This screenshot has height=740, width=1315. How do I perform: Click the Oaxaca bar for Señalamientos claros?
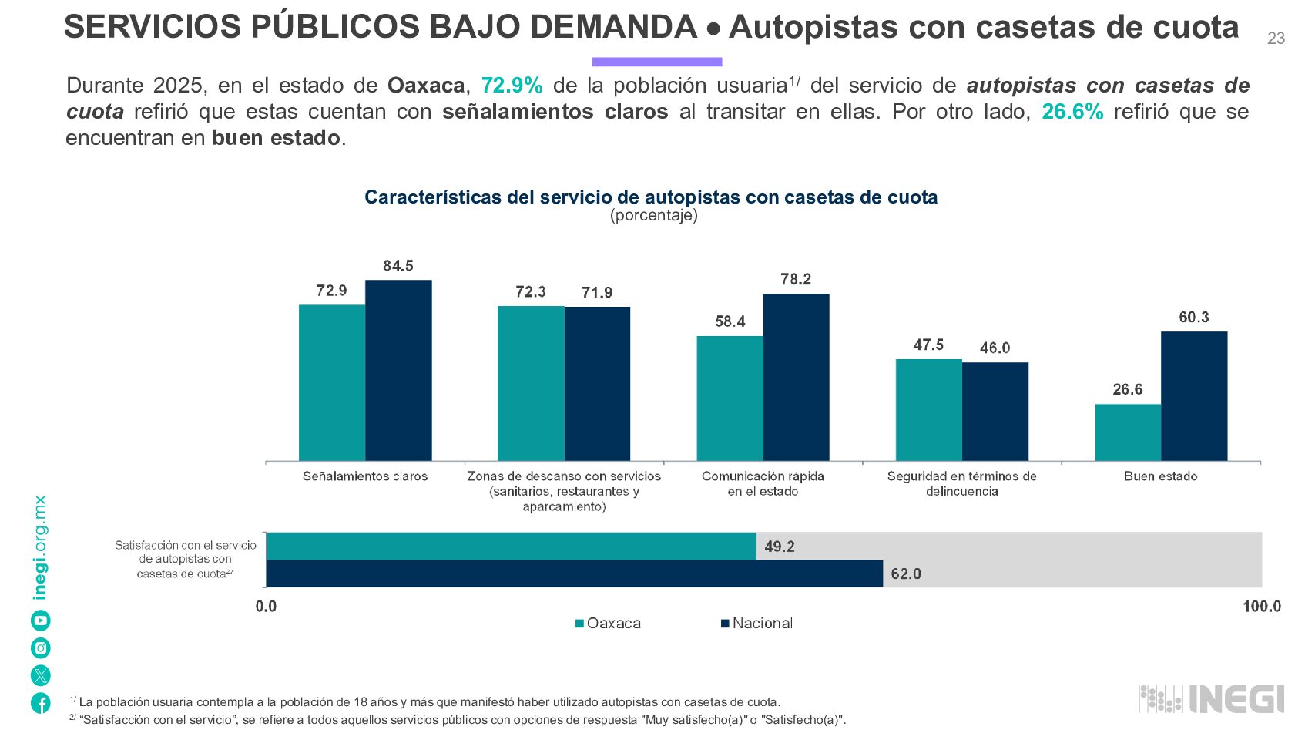pyautogui.click(x=332, y=383)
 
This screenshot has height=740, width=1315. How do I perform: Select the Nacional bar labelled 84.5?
pyautogui.click(x=398, y=371)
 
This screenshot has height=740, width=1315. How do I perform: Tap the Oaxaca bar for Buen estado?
pyautogui.click(x=1129, y=432)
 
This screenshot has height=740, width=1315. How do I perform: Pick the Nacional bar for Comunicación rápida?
pyautogui.click(x=797, y=377)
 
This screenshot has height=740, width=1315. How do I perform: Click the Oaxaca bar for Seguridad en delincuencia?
pyautogui.click(x=929, y=410)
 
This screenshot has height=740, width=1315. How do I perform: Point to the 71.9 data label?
pyautogui.click(x=597, y=292)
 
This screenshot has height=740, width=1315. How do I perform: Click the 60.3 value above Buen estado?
pyautogui.click(x=1194, y=317)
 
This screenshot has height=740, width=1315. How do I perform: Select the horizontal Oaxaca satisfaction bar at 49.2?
pyautogui.click(x=512, y=547)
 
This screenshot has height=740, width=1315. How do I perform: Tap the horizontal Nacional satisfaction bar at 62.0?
pyautogui.click(x=575, y=573)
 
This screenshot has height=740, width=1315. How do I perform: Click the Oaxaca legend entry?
pyautogui.click(x=608, y=623)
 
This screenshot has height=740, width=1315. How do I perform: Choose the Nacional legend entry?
pyautogui.click(x=756, y=623)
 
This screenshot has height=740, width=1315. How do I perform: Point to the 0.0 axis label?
pyautogui.click(x=266, y=606)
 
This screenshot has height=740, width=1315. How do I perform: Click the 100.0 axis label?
pyautogui.click(x=1262, y=606)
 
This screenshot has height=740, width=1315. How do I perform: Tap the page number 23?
pyautogui.click(x=1276, y=39)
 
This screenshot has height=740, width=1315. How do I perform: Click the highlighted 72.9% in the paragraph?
pyautogui.click(x=512, y=86)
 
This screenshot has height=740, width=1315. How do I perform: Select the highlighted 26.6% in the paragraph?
pyautogui.click(x=1072, y=112)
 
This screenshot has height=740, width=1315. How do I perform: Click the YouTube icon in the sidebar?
pyautogui.click(x=41, y=621)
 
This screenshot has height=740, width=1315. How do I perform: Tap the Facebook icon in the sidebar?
pyautogui.click(x=41, y=703)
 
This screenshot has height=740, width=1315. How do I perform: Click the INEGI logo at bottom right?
pyautogui.click(x=1211, y=699)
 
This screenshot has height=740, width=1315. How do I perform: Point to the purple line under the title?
pyautogui.click(x=657, y=62)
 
